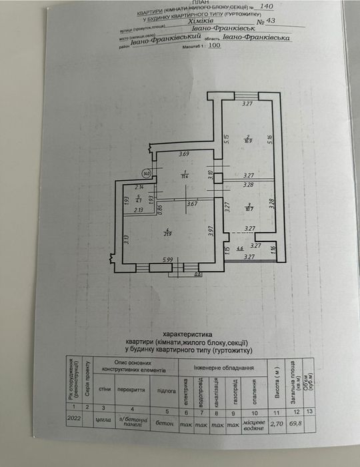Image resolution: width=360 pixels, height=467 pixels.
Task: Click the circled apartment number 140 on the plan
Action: click(147, 173)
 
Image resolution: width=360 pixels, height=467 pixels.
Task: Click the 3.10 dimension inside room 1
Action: click(210, 175)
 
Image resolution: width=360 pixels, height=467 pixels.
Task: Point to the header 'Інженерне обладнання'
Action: click(223, 368)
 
